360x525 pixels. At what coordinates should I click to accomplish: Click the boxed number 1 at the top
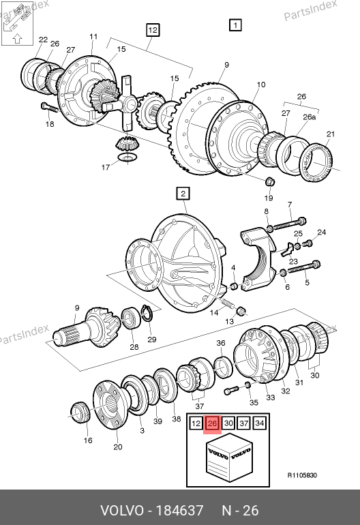coord(235,25)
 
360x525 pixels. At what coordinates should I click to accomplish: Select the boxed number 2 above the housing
coord(183,194)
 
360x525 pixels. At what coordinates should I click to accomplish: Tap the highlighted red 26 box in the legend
coord(212,423)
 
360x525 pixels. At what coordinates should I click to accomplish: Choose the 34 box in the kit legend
coord(260,423)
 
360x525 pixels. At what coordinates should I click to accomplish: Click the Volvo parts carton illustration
coord(229,457)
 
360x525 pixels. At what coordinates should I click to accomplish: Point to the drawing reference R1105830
coord(302,475)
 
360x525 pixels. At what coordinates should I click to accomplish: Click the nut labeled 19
coord(269,182)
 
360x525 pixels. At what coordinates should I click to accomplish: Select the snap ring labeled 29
coord(147,314)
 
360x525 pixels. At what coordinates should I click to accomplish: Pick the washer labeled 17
coord(127,157)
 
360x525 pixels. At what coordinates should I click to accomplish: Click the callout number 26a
coord(309,117)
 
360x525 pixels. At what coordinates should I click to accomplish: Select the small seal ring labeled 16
coord(80,412)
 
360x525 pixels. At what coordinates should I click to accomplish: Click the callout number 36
coord(221,343)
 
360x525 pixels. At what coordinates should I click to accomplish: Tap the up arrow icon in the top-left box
coord(17,39)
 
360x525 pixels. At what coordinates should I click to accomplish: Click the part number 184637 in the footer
coord(180,511)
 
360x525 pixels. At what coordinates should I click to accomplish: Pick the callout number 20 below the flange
coord(117,447)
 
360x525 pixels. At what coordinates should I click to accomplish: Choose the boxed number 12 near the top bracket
coord(153,30)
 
